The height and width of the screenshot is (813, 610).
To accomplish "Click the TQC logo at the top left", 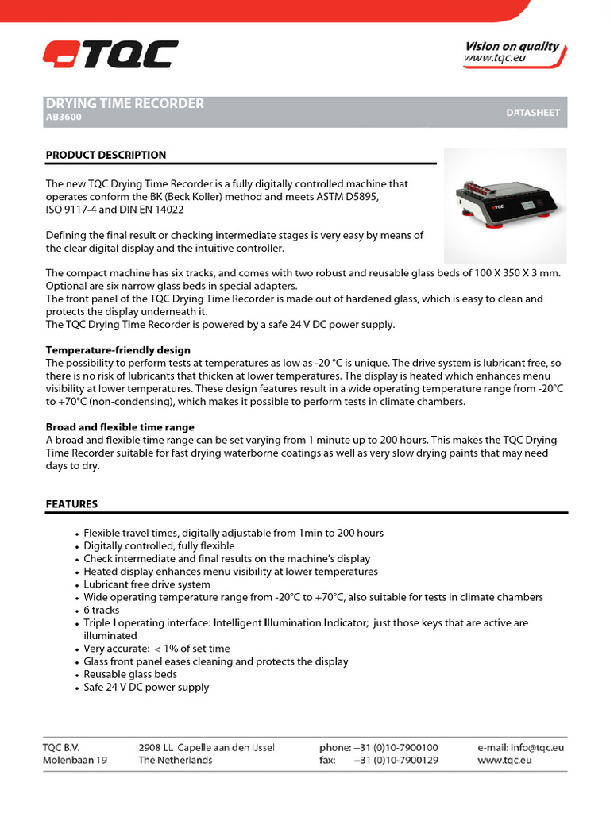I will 110,55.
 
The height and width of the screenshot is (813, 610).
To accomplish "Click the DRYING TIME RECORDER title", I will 125,103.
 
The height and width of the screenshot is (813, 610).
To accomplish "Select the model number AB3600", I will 64,118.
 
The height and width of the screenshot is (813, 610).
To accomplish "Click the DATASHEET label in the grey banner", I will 533,113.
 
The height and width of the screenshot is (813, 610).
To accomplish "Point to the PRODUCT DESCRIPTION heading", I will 106,155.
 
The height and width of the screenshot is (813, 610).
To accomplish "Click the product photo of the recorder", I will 504,205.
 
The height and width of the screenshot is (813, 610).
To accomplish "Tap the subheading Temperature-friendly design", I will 118,350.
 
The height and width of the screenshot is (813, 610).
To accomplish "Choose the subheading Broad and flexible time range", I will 120,427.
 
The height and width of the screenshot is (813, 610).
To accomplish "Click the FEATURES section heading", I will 71,504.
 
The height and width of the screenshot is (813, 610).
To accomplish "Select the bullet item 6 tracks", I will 102,610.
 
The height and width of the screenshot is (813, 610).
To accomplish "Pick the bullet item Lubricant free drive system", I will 147,584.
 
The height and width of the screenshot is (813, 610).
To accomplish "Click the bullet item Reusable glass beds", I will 130,674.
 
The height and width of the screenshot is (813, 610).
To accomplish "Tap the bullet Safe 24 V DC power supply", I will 146,687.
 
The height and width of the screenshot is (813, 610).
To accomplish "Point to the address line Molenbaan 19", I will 75,760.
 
